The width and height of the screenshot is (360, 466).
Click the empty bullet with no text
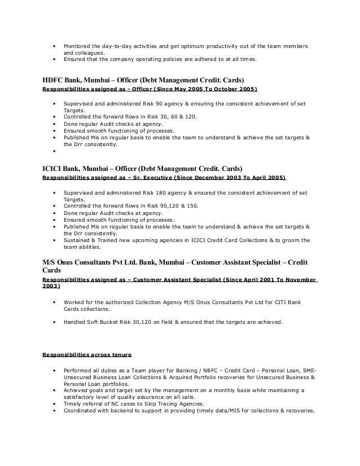point(54,151)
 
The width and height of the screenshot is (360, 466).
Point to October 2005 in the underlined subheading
point(239,90)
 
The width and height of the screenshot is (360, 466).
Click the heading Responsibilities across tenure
point(87,355)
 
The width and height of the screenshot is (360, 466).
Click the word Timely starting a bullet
point(72,403)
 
